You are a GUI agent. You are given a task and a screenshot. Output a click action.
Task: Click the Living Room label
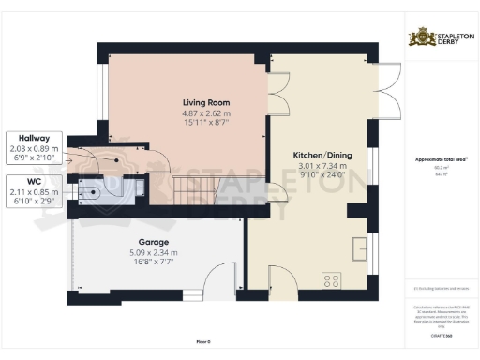(205, 102)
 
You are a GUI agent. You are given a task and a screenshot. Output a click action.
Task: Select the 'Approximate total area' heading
(442, 159)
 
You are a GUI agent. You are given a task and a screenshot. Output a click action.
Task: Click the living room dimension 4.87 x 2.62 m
(205, 113)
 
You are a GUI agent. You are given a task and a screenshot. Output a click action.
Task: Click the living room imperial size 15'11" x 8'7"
(205, 123)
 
